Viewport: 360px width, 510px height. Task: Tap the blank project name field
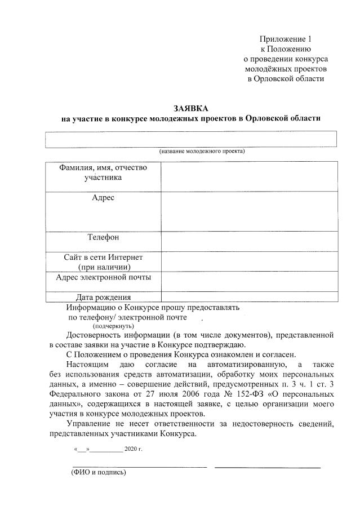[192, 139]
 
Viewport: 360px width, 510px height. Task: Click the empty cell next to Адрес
[249, 212]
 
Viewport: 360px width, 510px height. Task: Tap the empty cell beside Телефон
[249, 241]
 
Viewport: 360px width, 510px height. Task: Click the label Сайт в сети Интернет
[103, 257]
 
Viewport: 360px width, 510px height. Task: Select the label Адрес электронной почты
[104, 277]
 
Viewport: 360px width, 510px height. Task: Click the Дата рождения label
[104, 297]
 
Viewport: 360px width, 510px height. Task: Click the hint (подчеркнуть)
[113, 326]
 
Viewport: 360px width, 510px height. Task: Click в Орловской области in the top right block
[286, 78]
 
